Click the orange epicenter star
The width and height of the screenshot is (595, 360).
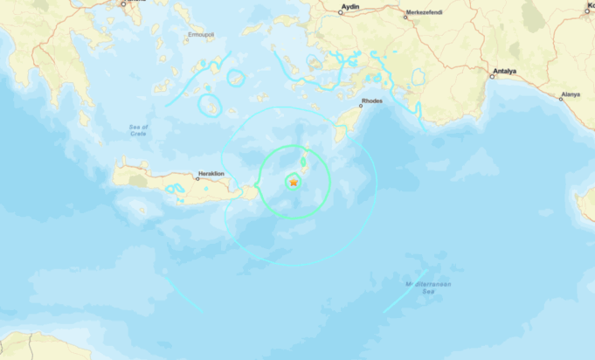click(x=294, y=182)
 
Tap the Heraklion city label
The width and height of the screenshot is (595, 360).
click(x=211, y=174)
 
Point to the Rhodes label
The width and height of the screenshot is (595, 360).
click(x=371, y=100)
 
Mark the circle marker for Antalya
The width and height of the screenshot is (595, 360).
click(x=492, y=76)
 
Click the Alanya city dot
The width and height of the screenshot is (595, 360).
click(x=561, y=98)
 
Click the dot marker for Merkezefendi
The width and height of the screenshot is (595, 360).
click(x=405, y=16)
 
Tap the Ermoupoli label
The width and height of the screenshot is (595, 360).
click(x=201, y=34)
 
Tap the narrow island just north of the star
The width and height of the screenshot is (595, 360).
click(x=303, y=163)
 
